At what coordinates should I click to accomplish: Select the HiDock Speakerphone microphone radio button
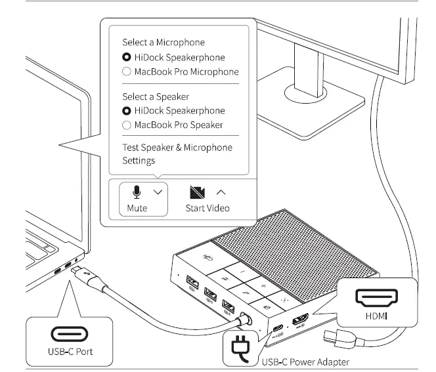127,57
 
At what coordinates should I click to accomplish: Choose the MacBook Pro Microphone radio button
127,72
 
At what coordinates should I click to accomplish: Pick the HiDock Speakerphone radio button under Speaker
127,111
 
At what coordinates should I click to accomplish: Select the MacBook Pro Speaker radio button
127,125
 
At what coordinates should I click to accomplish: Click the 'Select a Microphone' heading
163,42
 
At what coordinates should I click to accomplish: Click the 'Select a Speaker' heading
156,96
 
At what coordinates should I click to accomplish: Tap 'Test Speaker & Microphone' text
177,148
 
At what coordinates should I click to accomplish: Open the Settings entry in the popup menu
139,161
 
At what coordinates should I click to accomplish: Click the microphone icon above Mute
137,192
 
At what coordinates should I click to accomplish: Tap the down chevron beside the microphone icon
158,192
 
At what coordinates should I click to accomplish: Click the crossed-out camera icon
197,192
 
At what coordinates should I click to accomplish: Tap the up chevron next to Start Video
221,192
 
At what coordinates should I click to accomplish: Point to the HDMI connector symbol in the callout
377,298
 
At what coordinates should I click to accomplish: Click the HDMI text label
376,316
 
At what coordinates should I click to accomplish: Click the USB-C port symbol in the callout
70,334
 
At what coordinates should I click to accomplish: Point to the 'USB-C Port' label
70,352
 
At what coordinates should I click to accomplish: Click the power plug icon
240,348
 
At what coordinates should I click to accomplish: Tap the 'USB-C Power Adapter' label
305,362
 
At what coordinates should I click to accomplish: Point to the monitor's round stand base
306,93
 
